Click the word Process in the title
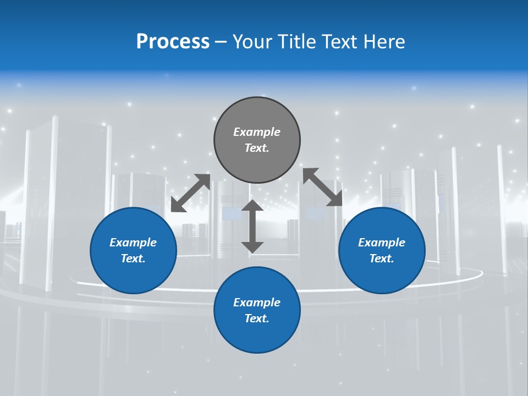(173, 42)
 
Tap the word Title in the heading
(296, 42)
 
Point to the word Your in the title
(252, 42)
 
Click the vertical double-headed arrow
(252, 226)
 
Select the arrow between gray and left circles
(191, 193)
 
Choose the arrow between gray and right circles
(323, 187)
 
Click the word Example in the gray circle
(257, 132)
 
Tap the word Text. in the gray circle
(257, 148)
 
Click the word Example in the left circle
(133, 243)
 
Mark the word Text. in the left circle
(133, 258)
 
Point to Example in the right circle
(382, 243)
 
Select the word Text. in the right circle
(382, 258)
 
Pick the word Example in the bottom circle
(257, 302)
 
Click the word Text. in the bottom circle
(257, 318)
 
